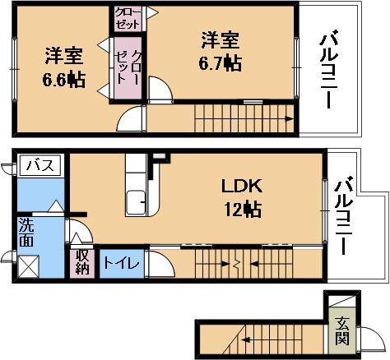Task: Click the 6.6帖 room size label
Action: coord(63,80)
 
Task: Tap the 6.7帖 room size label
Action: coord(221,63)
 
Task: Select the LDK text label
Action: coord(241,187)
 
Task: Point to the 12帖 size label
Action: coord(243,210)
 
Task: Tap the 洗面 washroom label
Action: coord(26,233)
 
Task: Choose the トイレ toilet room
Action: coord(122,264)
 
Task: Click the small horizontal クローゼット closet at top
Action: coord(128,19)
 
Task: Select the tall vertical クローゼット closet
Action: coord(128,67)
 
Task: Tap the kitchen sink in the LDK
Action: coord(136,203)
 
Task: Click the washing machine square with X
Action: coord(29,266)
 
